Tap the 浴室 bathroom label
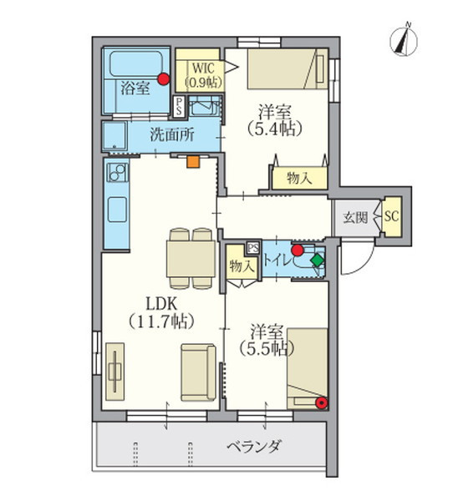point(134,88)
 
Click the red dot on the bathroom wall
point(164,80)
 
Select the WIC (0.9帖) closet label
point(199,75)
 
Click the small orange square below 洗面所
point(193,163)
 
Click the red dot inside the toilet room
point(297,249)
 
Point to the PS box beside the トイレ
point(253,247)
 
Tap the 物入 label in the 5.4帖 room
point(298,178)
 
